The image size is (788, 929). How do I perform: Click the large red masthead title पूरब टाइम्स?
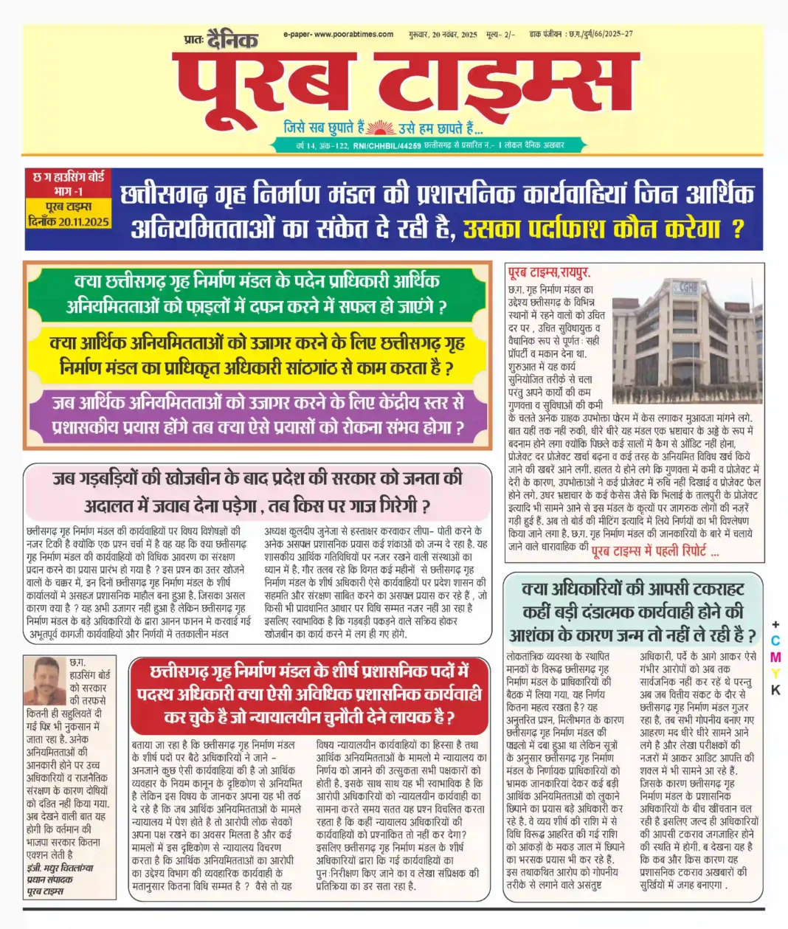tap(406, 83)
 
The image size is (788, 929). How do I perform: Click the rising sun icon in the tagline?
tap(381, 127)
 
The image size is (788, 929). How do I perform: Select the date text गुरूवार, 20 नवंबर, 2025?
tap(443, 34)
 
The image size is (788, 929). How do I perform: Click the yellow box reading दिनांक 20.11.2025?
tap(68, 221)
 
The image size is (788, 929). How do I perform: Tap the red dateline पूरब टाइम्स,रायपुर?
tap(550, 273)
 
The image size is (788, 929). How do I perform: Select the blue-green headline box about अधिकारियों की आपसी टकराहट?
tap(632, 612)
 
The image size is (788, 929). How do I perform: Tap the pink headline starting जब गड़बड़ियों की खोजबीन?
tap(257, 491)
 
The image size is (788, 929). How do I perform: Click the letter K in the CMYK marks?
tap(775, 690)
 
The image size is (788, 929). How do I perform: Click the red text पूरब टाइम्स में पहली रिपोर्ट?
tap(655, 550)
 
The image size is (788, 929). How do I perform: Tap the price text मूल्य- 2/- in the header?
tap(501, 34)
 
